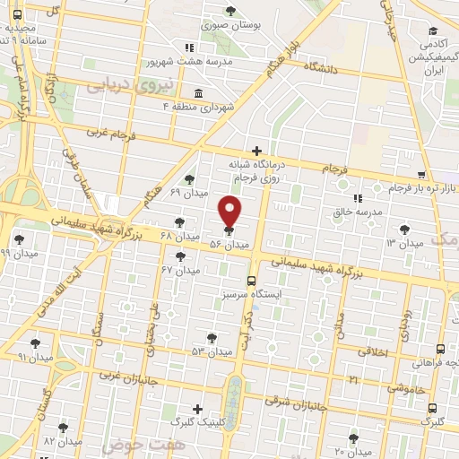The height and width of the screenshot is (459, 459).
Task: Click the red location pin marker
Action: click(230, 211)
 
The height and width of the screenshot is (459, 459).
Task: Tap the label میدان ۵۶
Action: click(229, 244)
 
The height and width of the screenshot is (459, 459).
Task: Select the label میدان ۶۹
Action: click(188, 192)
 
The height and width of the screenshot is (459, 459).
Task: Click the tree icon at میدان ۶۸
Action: click(179, 221)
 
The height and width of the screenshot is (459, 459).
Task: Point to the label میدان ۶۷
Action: click(180, 270)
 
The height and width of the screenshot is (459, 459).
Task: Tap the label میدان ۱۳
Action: click(404, 243)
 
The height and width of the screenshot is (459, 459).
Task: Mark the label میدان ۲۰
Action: click(352, 451)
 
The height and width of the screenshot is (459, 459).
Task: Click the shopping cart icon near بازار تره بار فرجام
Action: click(421, 176)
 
